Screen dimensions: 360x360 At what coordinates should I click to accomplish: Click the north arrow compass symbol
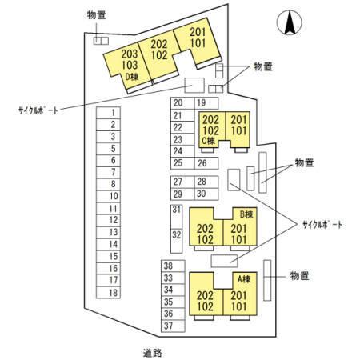coord(290,22)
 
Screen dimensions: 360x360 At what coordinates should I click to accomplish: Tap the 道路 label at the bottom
coord(153,353)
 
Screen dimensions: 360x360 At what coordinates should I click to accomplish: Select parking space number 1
coord(108,113)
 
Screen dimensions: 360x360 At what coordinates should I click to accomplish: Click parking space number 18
coord(108,293)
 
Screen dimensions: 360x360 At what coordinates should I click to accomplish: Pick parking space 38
coord(173,266)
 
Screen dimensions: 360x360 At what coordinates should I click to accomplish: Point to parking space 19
coord(206,103)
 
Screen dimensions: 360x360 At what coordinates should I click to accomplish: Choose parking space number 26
coord(206,163)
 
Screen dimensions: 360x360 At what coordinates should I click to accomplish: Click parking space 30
coord(206,194)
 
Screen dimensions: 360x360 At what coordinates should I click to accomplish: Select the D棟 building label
coord(132,77)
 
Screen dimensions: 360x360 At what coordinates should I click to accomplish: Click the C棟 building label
coord(209,141)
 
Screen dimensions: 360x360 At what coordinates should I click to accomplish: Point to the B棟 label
coord(246,214)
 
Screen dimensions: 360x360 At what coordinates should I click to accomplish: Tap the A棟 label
coord(244,279)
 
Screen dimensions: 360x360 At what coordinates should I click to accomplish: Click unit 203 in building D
coord(130,54)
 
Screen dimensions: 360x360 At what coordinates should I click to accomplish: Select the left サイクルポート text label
coord(38,110)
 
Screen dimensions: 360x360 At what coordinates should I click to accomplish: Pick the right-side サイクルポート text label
coord(322,225)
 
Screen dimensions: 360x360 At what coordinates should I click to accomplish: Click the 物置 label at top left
coord(96,15)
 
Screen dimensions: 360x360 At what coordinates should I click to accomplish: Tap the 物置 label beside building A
coord(300,276)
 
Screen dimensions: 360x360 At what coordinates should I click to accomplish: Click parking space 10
coord(108,197)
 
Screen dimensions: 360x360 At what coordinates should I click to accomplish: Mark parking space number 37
coord(173,326)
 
